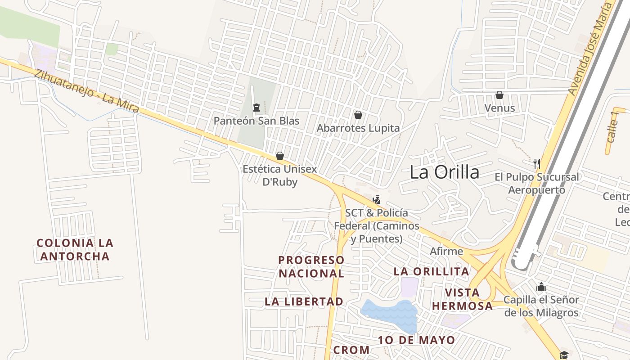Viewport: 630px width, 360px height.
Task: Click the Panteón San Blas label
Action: (x=256, y=121)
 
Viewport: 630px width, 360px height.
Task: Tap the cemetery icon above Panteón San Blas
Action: (x=256, y=107)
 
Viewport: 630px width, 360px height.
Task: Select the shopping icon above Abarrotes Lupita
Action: (x=358, y=115)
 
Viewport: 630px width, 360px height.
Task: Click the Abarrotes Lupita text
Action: (x=358, y=128)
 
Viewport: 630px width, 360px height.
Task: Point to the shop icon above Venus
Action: (x=499, y=95)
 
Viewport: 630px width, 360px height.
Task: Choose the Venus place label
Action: (x=499, y=108)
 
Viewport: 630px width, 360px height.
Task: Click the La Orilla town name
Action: (x=444, y=172)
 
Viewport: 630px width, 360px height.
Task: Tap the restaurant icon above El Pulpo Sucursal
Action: (x=536, y=163)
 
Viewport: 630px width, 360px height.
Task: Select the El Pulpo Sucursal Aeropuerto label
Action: (x=537, y=183)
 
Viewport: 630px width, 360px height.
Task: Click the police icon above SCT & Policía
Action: (x=376, y=199)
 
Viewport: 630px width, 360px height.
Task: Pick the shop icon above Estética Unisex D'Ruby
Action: (x=280, y=156)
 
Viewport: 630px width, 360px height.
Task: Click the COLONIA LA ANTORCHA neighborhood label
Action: (x=75, y=250)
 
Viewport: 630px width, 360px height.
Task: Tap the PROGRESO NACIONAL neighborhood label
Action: (x=311, y=266)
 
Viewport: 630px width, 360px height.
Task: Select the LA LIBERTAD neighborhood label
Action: (x=304, y=301)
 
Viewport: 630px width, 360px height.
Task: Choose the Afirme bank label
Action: (x=446, y=251)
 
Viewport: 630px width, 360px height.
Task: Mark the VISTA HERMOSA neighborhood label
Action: (x=462, y=299)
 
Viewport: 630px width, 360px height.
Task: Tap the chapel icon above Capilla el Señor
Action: (x=541, y=287)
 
